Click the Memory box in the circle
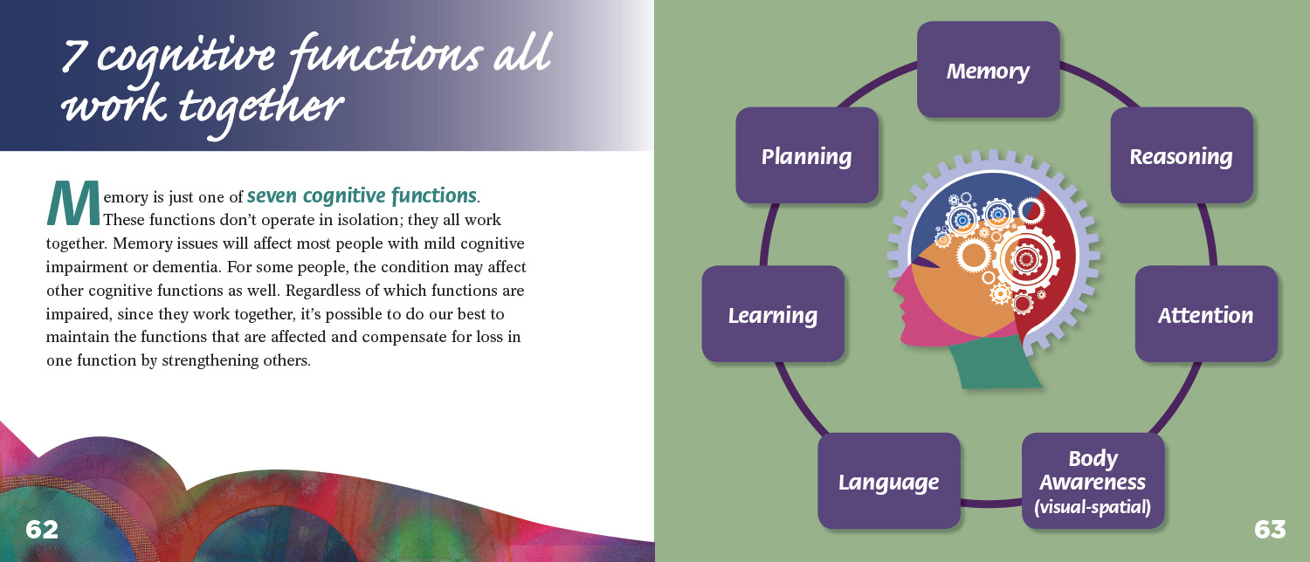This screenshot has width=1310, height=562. (x=989, y=70)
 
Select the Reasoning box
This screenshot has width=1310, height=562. (x=1182, y=155)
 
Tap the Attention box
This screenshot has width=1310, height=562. (x=1206, y=314)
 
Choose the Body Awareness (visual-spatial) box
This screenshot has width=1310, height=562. (x=1093, y=481)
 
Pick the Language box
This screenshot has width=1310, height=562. (x=889, y=481)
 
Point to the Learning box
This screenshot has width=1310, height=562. (x=773, y=314)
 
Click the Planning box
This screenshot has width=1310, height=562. (x=806, y=155)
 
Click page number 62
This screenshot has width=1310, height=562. (x=42, y=530)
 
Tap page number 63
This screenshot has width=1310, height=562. (x=1270, y=530)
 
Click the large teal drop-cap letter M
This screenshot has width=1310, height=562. (x=73, y=203)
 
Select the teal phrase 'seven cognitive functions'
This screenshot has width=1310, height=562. (x=362, y=195)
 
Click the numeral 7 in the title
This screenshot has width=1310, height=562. (x=74, y=56)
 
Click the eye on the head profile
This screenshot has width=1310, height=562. (x=927, y=263)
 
